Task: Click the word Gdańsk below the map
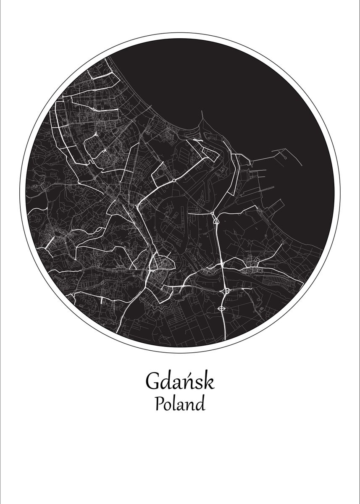point(180,381)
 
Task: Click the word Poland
point(180,404)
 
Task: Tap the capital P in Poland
point(159,404)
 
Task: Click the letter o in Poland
point(168,406)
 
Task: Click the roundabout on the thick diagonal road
point(173,181)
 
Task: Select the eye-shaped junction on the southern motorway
point(222,309)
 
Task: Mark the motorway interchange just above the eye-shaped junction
point(226,290)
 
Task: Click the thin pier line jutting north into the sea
point(202,120)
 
